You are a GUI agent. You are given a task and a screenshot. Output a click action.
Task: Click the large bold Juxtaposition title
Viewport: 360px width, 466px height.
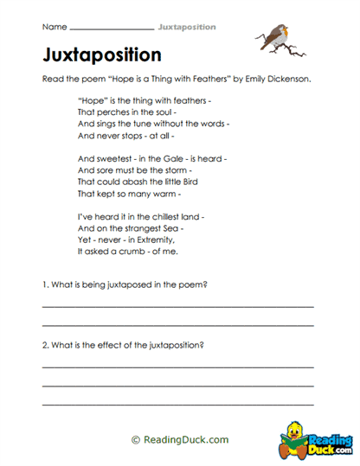101,55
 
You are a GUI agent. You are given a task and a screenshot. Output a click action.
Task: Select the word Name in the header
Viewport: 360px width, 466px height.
54,27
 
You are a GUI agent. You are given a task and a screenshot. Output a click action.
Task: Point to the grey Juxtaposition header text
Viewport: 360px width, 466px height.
187,27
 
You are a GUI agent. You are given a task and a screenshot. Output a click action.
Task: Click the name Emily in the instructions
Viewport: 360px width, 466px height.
245,78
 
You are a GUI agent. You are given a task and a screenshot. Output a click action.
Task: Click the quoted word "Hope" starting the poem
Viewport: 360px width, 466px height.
92,101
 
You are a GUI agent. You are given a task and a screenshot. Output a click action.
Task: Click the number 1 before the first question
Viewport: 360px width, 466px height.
44,284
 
